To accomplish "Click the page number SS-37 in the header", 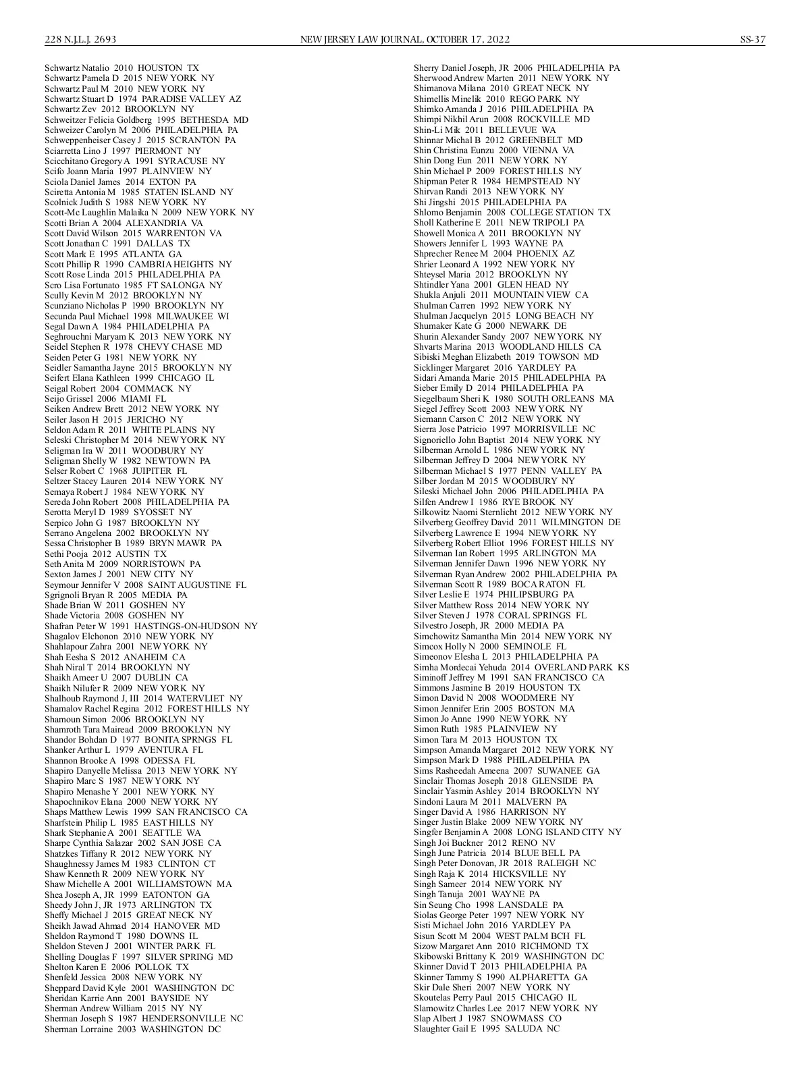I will click(752, 40).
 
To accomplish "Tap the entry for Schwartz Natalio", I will click(122, 68).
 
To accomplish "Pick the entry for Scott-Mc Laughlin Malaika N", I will click(149, 213).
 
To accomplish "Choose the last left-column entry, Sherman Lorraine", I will click(132, 1030).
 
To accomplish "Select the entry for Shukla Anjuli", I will click(501, 295).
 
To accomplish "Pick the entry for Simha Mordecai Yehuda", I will click(521, 667).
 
